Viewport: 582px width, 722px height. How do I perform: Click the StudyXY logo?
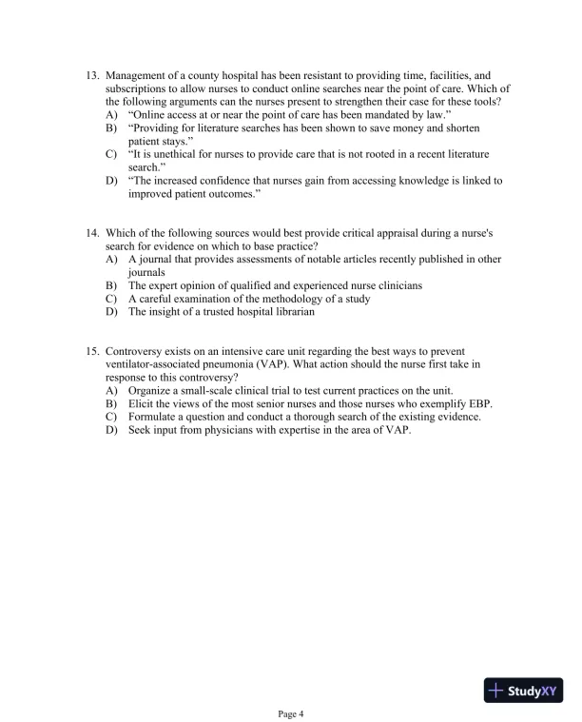[x=524, y=690]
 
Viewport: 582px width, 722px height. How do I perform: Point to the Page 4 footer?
[x=290, y=712]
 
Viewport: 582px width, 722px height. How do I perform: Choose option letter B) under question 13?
[x=112, y=127]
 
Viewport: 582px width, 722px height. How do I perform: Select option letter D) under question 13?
[x=112, y=180]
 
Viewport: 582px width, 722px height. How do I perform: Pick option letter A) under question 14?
[x=112, y=259]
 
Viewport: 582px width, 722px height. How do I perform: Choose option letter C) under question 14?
[x=112, y=298]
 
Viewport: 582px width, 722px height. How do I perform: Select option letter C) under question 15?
[x=112, y=417]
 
